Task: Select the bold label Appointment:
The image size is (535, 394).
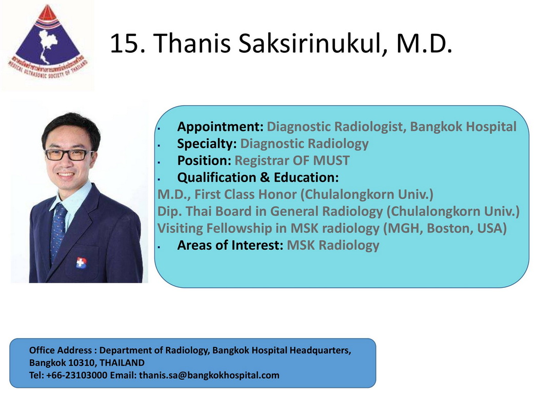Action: pos(220,127)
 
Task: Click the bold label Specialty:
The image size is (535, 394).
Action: pos(207,144)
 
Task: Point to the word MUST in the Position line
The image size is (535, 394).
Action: pos(331,161)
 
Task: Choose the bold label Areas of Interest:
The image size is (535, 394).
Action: pos(230,245)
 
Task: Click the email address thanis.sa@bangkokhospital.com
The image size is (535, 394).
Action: pos(209,375)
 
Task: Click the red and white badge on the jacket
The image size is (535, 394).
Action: pos(81,263)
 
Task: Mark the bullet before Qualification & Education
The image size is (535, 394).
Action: pos(159,179)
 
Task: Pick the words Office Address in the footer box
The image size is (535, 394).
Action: pos(61,350)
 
